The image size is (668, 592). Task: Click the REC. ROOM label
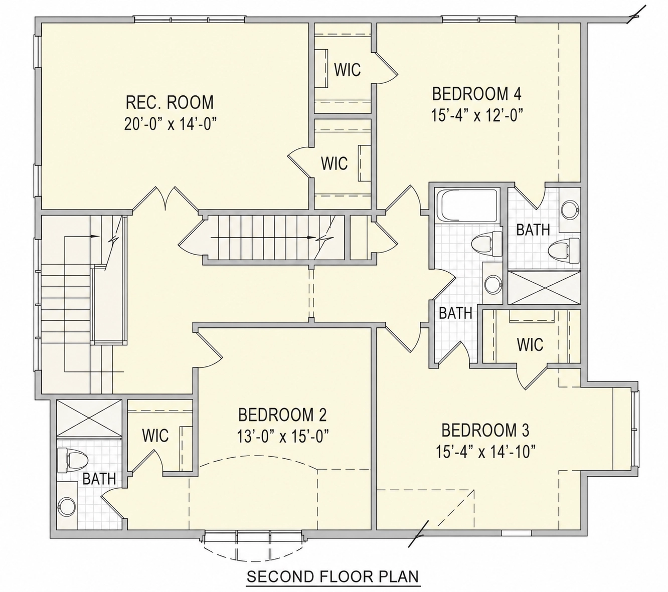[x=170, y=102]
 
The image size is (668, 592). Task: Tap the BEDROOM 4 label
[x=477, y=94]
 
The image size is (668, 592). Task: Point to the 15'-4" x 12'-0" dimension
[x=477, y=115]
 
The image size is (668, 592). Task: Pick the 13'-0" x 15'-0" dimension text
[x=283, y=437]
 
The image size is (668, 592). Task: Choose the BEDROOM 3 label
[x=485, y=430]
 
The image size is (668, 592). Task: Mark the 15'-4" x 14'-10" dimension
[x=485, y=452]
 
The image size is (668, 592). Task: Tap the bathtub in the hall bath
[x=467, y=205]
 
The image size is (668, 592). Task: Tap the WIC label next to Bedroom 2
[x=155, y=435]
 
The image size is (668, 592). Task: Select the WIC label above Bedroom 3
[x=530, y=344]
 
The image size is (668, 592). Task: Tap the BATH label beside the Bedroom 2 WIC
[x=99, y=479]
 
